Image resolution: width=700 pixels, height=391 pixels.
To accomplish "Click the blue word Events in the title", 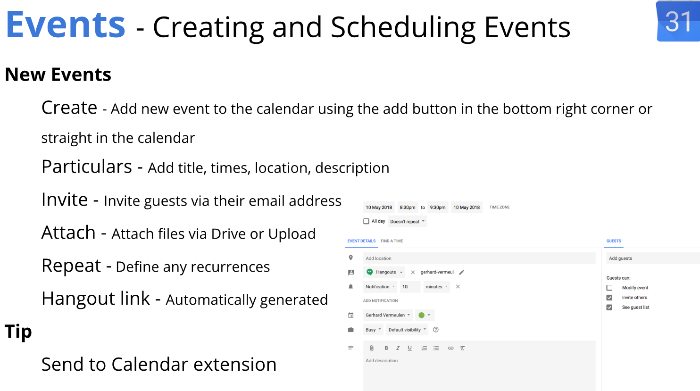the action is [66, 25].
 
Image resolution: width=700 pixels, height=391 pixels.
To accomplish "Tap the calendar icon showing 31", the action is [678, 21].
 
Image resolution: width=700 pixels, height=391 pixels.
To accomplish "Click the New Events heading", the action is [58, 75].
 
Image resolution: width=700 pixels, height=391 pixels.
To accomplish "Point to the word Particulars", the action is [87, 166].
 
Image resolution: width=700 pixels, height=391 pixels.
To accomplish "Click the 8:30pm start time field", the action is [408, 207].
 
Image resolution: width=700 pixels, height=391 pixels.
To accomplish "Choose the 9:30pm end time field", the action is [438, 207].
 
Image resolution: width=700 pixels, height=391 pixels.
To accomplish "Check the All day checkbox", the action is [366, 221].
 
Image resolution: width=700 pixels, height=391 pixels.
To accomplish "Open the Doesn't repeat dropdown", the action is [407, 221].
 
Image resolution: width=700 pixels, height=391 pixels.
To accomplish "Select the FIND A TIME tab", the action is [392, 241].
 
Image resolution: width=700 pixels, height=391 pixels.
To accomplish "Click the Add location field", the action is [479, 258].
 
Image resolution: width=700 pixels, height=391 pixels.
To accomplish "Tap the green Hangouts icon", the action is [370, 272].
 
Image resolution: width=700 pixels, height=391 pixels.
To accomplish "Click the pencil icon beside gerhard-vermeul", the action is [462, 272].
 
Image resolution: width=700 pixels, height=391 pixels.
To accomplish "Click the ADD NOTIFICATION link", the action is [380, 300].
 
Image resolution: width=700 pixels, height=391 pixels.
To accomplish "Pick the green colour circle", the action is [422, 315].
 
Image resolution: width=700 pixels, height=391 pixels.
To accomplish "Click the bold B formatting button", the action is [386, 348].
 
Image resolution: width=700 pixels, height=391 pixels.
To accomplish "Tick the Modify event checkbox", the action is [609, 288].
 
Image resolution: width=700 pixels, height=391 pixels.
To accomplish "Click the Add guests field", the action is [653, 258].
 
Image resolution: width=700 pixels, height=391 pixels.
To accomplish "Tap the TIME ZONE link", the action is [500, 207].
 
